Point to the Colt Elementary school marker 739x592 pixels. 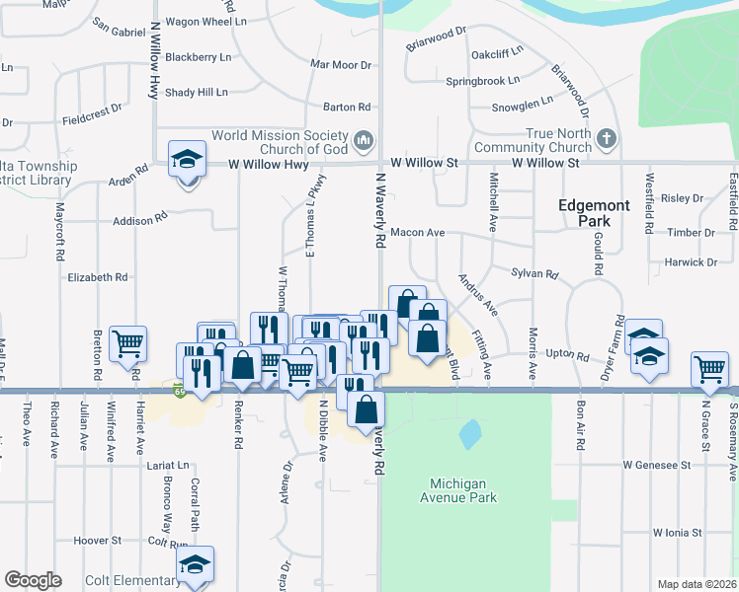[195, 565]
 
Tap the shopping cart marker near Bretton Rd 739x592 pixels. [128, 344]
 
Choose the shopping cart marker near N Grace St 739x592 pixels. [709, 369]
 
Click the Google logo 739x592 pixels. [33, 579]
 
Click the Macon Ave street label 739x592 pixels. [418, 233]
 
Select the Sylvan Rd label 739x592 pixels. [534, 273]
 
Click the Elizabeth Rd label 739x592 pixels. [98, 277]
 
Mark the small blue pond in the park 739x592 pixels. [469, 432]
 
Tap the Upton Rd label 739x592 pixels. [567, 351]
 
